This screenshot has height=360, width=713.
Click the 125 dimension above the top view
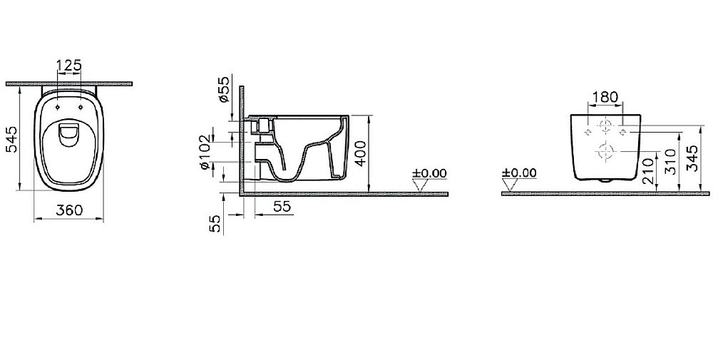69,66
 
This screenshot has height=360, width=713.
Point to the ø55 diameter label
224,89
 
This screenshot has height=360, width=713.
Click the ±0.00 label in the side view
429,173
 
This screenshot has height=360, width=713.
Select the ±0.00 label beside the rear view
518,173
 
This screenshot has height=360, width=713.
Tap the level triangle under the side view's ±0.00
421,185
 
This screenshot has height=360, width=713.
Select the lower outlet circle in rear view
605,151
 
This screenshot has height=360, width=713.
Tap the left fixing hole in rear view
588,133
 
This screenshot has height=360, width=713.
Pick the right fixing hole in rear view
623,133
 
